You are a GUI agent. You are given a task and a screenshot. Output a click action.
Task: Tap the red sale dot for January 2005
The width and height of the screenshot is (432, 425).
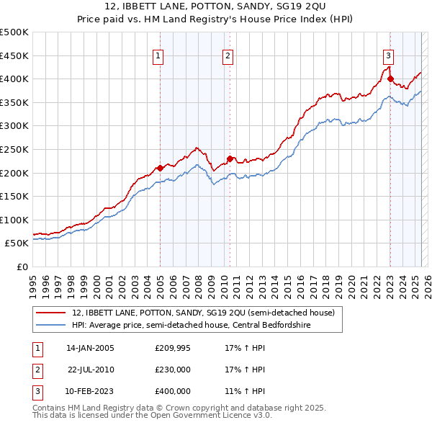point(160,168)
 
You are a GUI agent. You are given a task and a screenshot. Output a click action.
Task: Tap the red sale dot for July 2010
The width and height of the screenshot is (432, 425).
point(230,158)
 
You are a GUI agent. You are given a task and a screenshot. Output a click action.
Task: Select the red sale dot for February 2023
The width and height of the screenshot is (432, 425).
point(390,79)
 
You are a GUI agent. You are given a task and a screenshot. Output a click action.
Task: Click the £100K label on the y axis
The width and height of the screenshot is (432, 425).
point(14,220)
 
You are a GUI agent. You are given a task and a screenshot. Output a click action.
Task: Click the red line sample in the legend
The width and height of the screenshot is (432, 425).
point(50,313)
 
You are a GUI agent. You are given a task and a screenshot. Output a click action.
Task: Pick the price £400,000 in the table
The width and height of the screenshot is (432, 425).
point(173,391)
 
